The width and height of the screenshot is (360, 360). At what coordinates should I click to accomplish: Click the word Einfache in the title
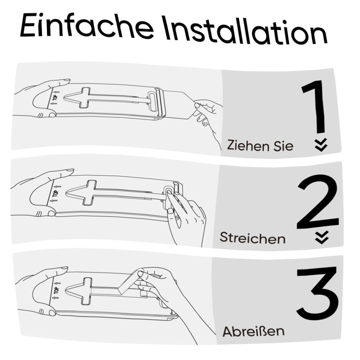[x=86, y=27]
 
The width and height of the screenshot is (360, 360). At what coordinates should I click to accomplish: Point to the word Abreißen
[x=253, y=331]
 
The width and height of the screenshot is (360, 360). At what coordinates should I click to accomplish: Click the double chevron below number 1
[x=321, y=145]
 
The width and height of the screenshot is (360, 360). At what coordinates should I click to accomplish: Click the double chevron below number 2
[x=322, y=238]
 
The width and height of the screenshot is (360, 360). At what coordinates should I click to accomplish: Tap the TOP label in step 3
[x=56, y=290]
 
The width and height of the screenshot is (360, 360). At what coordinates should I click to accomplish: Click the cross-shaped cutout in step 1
[x=85, y=98]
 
